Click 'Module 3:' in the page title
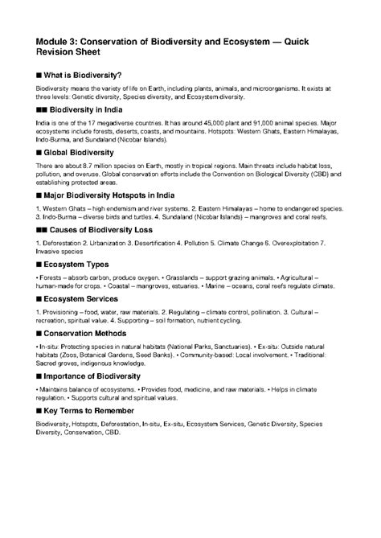click(x=58, y=43)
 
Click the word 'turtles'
click(x=133, y=215)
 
